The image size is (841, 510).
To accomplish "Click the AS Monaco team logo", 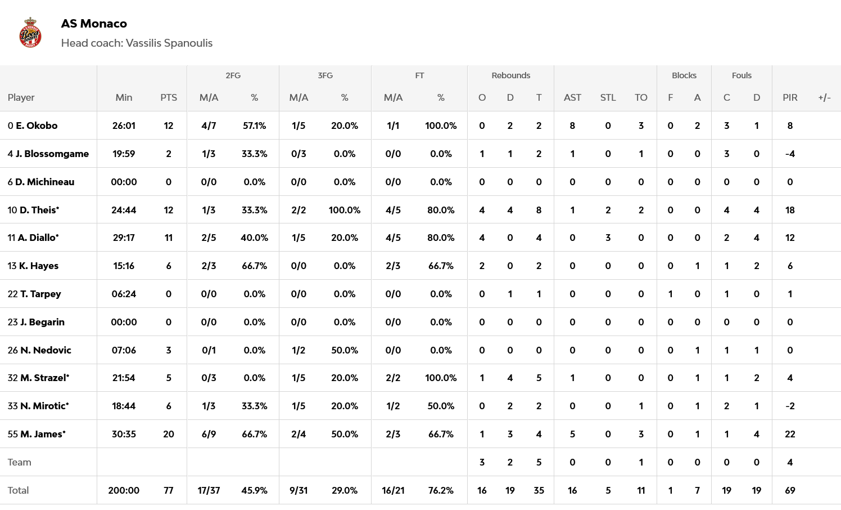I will pyautogui.click(x=30, y=33).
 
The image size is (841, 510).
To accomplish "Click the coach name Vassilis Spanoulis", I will pyautogui.click(x=169, y=43).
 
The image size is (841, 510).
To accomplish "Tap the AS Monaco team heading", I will pyautogui.click(x=94, y=24).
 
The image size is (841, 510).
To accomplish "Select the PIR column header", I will pyautogui.click(x=790, y=97).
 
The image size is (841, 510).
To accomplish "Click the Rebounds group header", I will pyautogui.click(x=510, y=75).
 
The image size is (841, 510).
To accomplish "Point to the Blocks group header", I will pyautogui.click(x=684, y=75).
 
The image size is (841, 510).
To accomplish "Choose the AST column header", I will pyautogui.click(x=572, y=97).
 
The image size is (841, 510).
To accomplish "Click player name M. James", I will pyautogui.click(x=43, y=434).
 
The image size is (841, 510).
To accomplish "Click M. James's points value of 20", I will pyautogui.click(x=168, y=434).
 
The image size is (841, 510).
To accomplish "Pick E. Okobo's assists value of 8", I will pyautogui.click(x=572, y=126).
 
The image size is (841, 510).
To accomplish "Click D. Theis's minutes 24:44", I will pyautogui.click(x=124, y=210).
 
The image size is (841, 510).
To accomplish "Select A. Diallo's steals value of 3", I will pyautogui.click(x=608, y=238).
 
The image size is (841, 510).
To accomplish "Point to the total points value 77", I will pyautogui.click(x=168, y=490).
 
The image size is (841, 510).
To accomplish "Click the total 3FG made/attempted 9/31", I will pyautogui.click(x=299, y=490).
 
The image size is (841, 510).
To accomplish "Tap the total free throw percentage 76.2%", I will pyautogui.click(x=441, y=490).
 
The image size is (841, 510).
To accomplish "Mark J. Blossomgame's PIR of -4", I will pyautogui.click(x=790, y=154).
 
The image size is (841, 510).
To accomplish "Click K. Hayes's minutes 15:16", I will pyautogui.click(x=124, y=266).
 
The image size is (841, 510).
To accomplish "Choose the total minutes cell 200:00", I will pyautogui.click(x=124, y=490).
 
